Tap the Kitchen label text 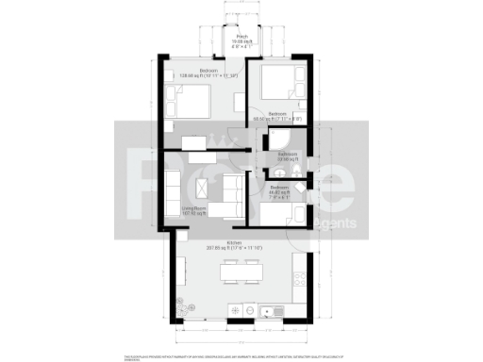(235, 242)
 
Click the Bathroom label (288, 155)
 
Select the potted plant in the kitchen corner (181, 305)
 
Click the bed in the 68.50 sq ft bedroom (279, 87)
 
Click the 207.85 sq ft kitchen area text (235, 248)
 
